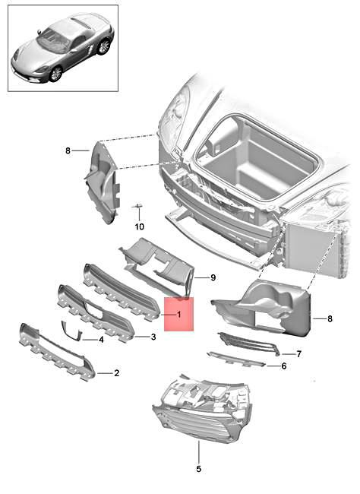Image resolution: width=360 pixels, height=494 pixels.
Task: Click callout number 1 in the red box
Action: (178, 314)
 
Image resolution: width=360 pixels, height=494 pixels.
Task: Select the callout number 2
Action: (116, 373)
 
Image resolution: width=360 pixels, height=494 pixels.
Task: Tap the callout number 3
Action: (153, 337)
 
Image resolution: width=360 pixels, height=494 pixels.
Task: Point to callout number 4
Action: (100, 339)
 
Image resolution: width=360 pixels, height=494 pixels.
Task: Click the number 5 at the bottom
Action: (199, 469)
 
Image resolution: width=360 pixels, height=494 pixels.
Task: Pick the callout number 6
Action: (283, 366)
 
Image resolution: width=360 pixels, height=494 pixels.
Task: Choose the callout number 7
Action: (298, 353)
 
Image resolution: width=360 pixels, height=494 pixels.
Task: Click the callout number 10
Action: (139, 226)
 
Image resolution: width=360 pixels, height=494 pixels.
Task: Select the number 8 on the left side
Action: (68, 150)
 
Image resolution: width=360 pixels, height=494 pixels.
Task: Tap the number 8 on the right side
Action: (330, 319)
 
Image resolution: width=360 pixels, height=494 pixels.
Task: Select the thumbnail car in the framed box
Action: (63, 47)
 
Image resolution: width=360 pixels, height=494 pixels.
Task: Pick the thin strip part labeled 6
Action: (236, 358)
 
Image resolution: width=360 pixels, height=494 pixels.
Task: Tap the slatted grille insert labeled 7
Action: (248, 344)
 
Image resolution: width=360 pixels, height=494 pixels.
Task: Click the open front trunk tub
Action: (254, 160)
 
